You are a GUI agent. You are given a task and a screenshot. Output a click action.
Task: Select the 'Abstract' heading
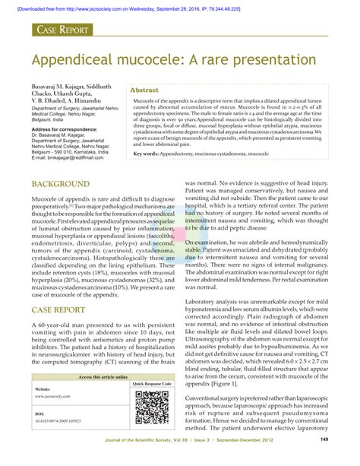(x=144, y=89)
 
